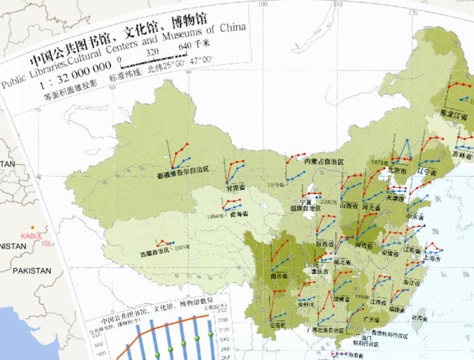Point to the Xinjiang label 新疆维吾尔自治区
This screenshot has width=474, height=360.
[183, 169]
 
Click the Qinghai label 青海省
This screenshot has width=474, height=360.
[239, 214]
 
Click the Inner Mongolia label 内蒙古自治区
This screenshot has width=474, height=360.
[323, 161]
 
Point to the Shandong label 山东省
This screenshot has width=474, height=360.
[414, 217]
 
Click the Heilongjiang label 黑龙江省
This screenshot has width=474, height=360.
[454, 113]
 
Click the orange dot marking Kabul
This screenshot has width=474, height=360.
[33, 227]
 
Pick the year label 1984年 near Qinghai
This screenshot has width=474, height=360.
[215, 216]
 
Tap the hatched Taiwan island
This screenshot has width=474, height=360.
[419, 322]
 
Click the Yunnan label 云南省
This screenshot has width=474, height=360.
[278, 324]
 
